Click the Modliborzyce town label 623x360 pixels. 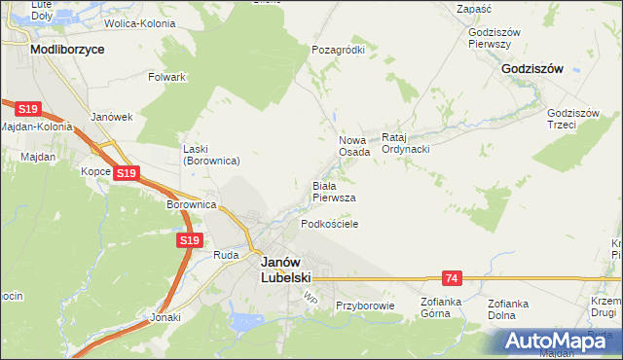click(67, 48)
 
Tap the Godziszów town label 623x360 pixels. click(532, 69)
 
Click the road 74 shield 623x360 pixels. click(449, 278)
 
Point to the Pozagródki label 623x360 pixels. click(338, 50)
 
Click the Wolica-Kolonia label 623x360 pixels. click(139, 22)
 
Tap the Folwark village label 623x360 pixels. click(166, 76)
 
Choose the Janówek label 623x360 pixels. click(110, 117)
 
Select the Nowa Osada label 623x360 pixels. click(353, 146)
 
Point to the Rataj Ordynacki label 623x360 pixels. click(406, 143)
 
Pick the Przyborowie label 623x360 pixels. click(364, 306)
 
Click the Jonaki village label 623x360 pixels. click(166, 317)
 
